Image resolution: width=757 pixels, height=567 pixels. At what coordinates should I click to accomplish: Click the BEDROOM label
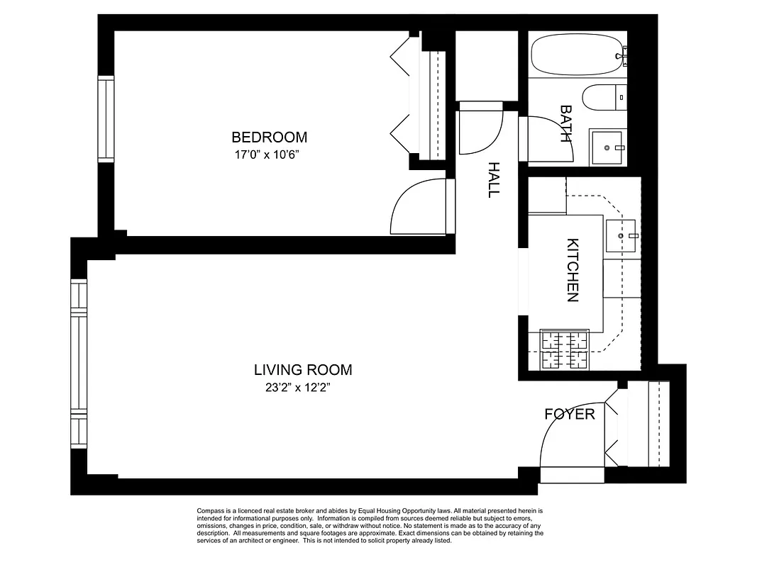269,137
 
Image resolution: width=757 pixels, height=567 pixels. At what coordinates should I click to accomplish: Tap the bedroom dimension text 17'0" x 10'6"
269,155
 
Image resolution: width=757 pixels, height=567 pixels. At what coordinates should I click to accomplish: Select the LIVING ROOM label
303,369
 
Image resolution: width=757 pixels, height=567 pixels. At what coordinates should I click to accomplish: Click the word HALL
494,179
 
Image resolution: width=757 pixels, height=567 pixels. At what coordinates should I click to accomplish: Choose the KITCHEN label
573,270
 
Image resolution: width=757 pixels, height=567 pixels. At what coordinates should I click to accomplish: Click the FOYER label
569,414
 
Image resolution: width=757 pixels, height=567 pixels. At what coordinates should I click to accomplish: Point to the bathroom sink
607,147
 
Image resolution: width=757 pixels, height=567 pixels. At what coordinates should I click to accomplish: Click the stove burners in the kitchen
565,351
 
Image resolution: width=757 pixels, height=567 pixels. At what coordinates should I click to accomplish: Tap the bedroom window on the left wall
106,118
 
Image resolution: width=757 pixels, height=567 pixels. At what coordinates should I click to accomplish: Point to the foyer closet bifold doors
613,425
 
